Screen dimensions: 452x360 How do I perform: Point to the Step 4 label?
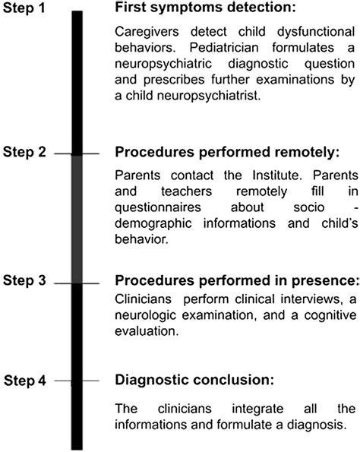point(25,381)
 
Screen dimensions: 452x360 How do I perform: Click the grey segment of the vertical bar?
point(77,220)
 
